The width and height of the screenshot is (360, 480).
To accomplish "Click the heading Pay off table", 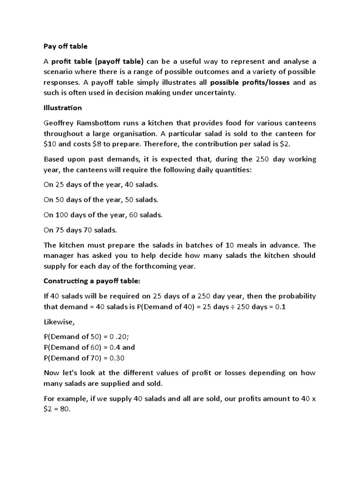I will pyautogui.click(x=66, y=46).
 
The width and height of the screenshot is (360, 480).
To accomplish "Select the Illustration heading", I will pyautogui.click(x=63, y=108).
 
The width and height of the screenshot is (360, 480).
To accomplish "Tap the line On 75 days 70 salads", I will pyautogui.click(x=80, y=230).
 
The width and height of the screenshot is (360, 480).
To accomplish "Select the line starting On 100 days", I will pyautogui.click(x=103, y=215).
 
